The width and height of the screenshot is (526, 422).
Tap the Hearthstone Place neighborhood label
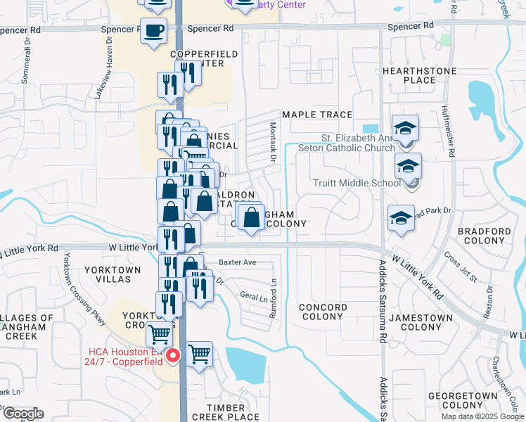[x=420, y=75]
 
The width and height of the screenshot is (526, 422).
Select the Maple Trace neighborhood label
[x=316, y=115]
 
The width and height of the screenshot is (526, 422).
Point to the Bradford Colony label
[x=484, y=236]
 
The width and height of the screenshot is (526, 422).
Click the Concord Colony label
[x=323, y=312]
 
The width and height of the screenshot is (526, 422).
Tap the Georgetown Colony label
[x=474, y=401]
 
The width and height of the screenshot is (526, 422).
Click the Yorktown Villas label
[x=108, y=274]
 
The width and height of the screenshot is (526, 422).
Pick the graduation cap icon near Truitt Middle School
[x=408, y=167]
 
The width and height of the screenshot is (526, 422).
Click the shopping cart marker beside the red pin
[x=200, y=353]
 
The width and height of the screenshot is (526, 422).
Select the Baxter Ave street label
[x=237, y=262]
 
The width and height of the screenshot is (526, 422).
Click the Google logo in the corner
[x=23, y=414]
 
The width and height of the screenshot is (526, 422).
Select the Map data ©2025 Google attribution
[x=482, y=416]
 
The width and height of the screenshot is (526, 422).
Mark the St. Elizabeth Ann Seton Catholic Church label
[x=347, y=143]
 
